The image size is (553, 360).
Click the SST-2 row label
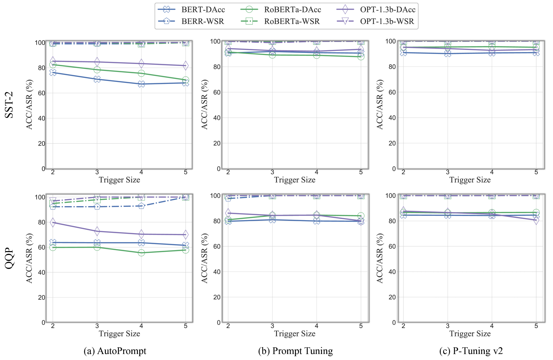point(9,105)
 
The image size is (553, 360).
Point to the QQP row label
point(9,258)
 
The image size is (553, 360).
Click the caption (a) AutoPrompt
point(115,351)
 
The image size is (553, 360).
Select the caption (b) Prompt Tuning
point(295,351)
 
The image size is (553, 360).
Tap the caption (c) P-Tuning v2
point(471,351)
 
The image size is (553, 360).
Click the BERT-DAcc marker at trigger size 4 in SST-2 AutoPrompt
point(141,84)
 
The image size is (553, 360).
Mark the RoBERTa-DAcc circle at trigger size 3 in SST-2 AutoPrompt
point(97,70)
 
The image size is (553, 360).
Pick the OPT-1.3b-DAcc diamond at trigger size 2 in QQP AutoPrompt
point(53,222)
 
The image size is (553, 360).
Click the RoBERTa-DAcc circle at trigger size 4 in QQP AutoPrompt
point(141,253)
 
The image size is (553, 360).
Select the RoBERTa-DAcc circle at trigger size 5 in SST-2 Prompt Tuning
point(361,57)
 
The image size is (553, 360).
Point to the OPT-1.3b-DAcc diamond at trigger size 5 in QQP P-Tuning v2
point(536,220)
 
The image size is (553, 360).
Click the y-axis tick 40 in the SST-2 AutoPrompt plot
point(41,118)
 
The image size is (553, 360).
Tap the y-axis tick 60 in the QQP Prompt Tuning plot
point(217,246)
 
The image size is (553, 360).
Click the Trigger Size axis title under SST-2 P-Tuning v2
point(470,180)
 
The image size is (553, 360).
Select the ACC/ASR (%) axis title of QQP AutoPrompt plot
point(29,258)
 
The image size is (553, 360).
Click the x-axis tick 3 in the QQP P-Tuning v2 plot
point(447,326)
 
